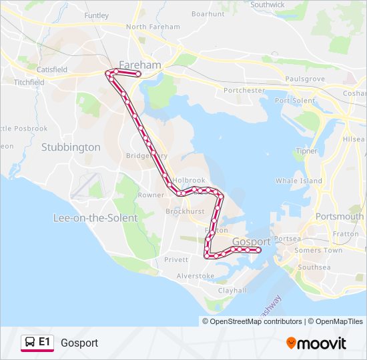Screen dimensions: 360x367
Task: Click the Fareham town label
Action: [x=139, y=65]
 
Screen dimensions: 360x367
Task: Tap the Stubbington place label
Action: [x=71, y=147]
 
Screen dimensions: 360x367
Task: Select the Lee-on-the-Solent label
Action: [x=95, y=218]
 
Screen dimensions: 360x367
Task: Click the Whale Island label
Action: [x=298, y=181]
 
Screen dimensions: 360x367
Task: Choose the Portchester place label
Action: [x=244, y=90]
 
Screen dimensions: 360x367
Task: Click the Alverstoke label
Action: [x=195, y=275]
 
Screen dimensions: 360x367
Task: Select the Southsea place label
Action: [x=314, y=267]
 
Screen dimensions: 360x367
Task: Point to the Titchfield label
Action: [x=29, y=82]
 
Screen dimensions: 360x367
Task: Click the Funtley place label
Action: [x=96, y=15]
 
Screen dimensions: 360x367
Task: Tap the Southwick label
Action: [x=267, y=5]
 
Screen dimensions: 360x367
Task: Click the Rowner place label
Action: [x=151, y=195]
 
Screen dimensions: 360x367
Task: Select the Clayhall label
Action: [x=232, y=290]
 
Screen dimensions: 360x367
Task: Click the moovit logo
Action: [x=316, y=343]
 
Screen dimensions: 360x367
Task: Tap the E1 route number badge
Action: [x=44, y=342]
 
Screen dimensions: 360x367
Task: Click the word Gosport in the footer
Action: [x=79, y=343]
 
